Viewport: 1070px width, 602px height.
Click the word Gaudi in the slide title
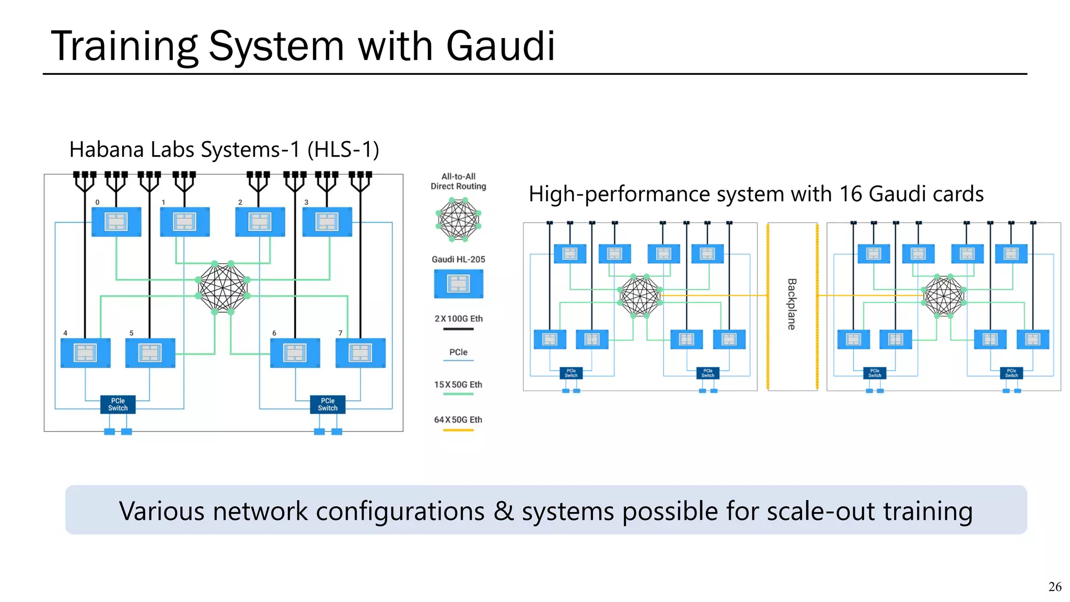tap(500, 46)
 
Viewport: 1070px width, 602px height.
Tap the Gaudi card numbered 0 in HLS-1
tap(116, 222)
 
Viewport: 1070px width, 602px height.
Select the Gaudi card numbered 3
tap(327, 222)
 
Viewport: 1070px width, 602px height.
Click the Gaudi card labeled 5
tap(150, 353)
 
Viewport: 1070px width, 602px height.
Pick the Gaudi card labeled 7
tap(360, 353)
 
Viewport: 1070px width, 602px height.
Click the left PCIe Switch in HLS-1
tap(118, 404)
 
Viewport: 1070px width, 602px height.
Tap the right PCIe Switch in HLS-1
tap(328, 404)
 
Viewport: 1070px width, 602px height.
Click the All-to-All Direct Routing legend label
tap(458, 181)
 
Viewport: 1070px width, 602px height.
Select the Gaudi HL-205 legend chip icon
tap(458, 284)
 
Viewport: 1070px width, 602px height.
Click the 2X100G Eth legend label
tap(458, 319)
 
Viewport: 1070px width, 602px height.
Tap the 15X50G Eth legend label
tap(458, 385)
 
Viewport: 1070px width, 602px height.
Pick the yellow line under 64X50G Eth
tap(458, 430)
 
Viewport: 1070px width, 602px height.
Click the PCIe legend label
tap(458, 352)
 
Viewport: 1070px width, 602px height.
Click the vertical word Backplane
tap(792, 304)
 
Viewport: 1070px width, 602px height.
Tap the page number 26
tap(1054, 587)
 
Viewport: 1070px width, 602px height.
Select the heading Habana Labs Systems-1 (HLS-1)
tap(224, 150)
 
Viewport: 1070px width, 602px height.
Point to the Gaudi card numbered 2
tap(260, 222)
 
